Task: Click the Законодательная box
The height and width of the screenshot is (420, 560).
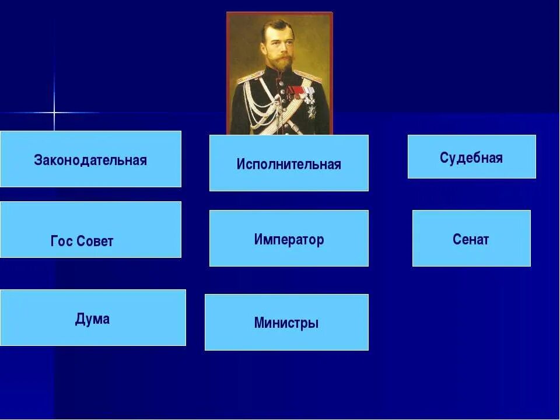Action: coord(90,159)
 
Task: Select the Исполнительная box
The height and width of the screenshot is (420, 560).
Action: coord(289,163)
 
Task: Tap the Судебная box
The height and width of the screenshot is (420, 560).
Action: coord(471,156)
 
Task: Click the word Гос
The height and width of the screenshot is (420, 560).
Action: coord(62,242)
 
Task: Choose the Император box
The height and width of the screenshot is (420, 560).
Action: coord(289,238)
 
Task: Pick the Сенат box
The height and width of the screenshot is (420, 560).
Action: coord(471,238)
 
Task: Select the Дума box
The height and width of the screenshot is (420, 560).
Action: coord(93,318)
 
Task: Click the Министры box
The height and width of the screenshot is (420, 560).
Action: coord(286,322)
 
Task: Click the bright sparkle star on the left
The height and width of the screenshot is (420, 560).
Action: coord(54,111)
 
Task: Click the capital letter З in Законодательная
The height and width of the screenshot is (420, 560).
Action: coord(37,160)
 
